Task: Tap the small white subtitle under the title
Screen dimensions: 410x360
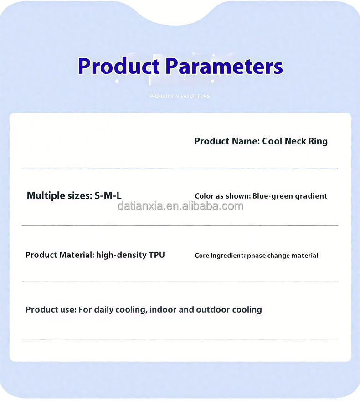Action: tap(180, 96)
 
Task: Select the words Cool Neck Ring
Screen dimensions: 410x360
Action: tap(295, 141)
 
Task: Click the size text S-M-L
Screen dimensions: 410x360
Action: tap(108, 196)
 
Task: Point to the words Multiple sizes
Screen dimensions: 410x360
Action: tap(59, 196)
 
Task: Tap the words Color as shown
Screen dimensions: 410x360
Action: tap(222, 196)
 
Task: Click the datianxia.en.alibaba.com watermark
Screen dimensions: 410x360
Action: tap(180, 206)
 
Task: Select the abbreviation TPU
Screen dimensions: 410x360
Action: tap(157, 255)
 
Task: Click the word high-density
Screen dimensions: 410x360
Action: tap(121, 255)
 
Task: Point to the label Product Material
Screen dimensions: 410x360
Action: tap(59, 255)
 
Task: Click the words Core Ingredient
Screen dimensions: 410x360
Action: tap(220, 256)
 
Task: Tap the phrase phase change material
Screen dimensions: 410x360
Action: tap(283, 256)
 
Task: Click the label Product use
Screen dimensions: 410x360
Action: tap(50, 310)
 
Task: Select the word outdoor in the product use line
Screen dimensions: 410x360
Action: tap(213, 310)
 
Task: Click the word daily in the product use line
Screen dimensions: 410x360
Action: tap(103, 310)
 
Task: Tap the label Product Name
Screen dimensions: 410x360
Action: tap(227, 141)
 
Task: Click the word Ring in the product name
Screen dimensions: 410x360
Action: tap(318, 141)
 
